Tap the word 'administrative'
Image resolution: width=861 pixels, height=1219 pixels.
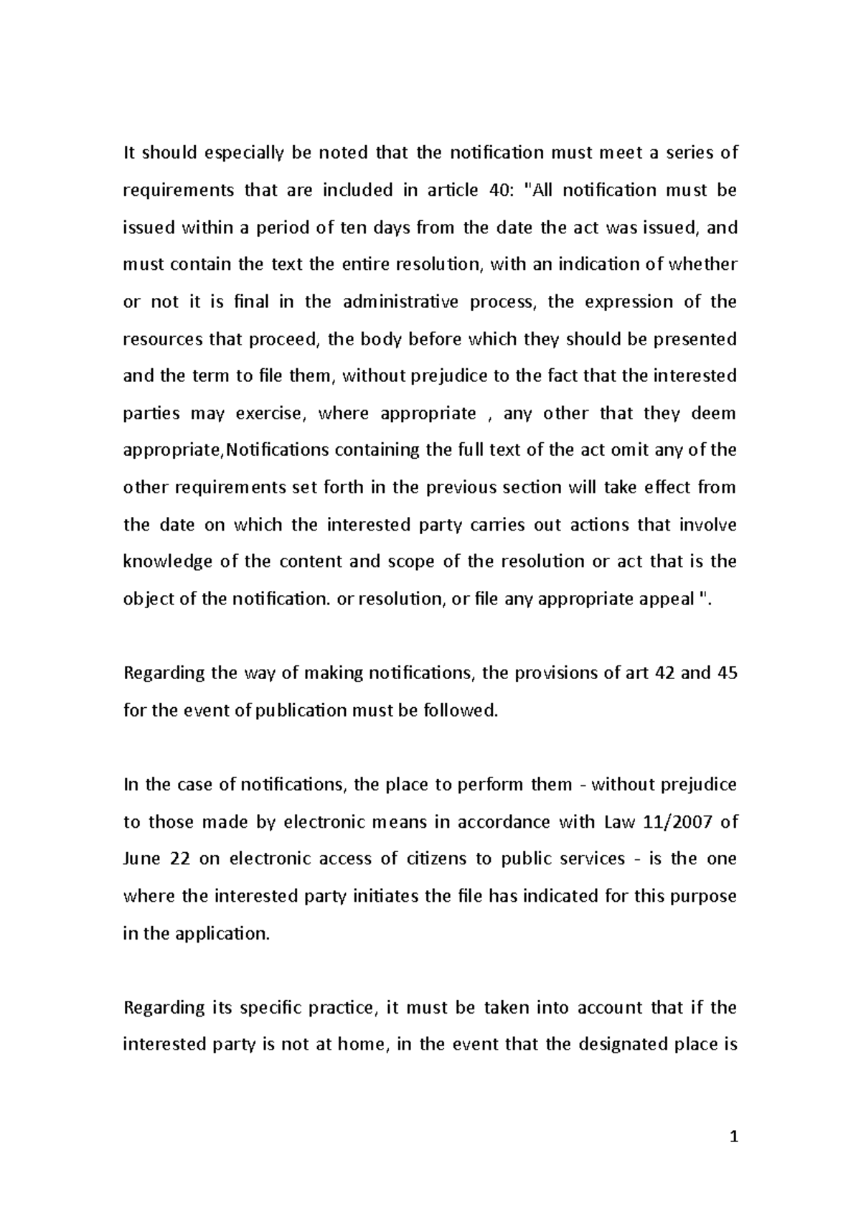point(400,302)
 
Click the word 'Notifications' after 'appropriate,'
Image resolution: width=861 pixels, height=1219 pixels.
point(278,451)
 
